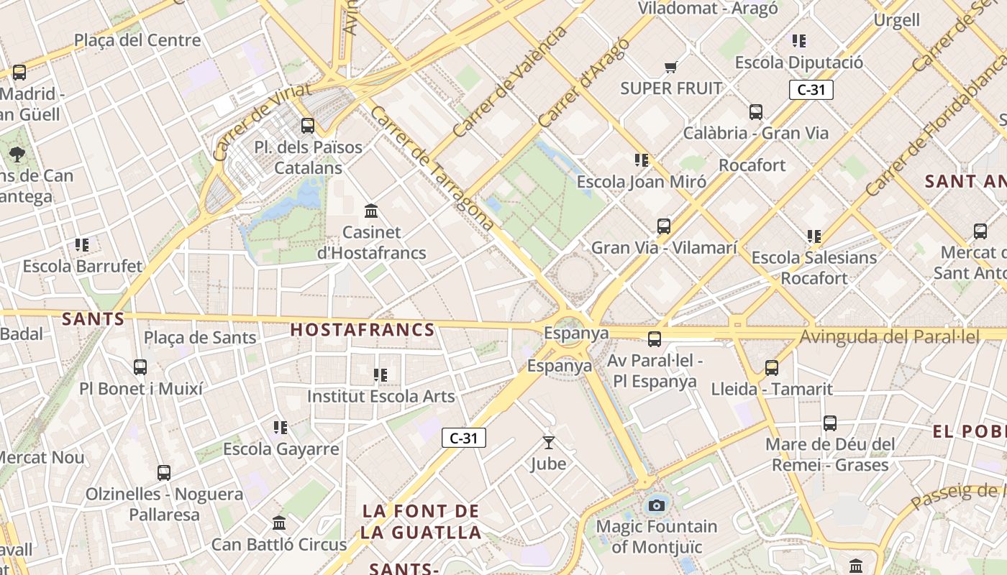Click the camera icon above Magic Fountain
click(x=656, y=505)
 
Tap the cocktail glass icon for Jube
click(x=549, y=443)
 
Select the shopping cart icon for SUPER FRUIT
click(x=670, y=68)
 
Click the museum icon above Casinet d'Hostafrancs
click(x=372, y=211)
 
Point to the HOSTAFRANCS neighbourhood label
click(x=363, y=330)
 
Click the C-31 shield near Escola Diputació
click(x=811, y=90)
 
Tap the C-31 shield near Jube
click(x=464, y=438)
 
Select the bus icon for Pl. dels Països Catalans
click(x=308, y=126)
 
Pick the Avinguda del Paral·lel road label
click(x=890, y=336)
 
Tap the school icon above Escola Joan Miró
click(x=641, y=160)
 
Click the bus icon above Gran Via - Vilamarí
click(x=664, y=226)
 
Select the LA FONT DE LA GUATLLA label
click(x=422, y=522)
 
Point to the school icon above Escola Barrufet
click(x=82, y=245)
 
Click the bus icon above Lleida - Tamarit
click(x=772, y=368)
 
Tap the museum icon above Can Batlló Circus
click(x=280, y=523)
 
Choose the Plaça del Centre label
click(x=137, y=40)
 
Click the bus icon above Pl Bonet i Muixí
click(x=140, y=367)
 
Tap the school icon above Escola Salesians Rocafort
click(x=814, y=236)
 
